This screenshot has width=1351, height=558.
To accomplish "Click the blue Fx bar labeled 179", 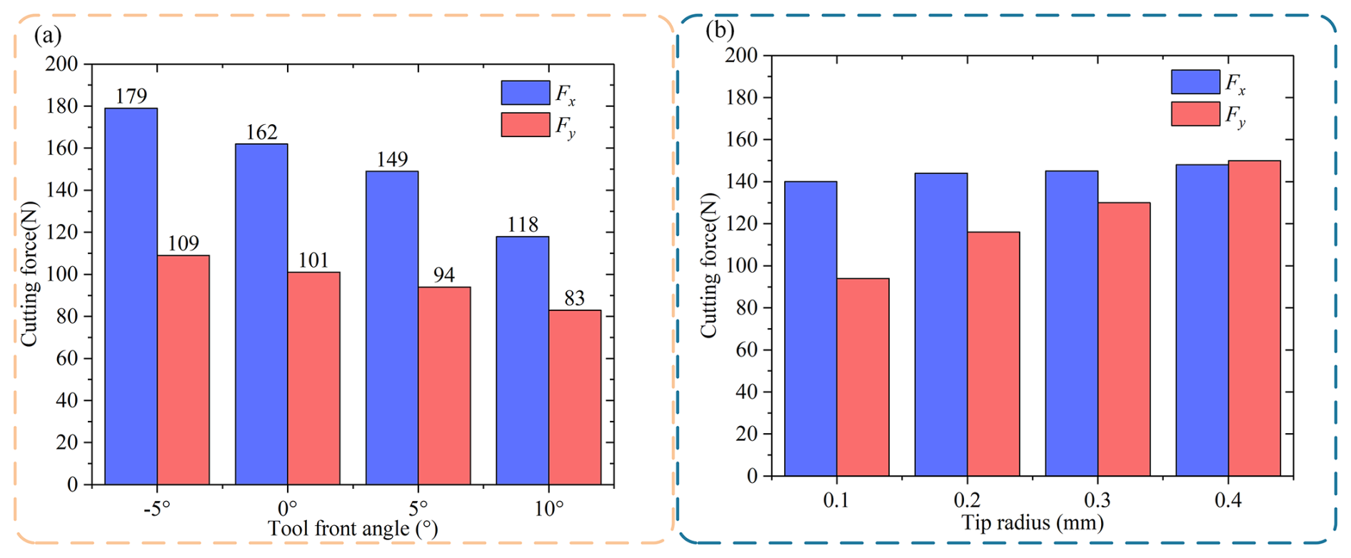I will (x=131, y=296).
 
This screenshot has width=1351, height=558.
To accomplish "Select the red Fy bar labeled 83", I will (x=575, y=397).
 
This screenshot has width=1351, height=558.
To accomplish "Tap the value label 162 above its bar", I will (x=261, y=132).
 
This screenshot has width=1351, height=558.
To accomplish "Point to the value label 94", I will (x=443, y=275).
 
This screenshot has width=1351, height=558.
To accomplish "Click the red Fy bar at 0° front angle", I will (x=313, y=378).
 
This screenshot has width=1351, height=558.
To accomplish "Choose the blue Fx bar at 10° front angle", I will (x=522, y=360).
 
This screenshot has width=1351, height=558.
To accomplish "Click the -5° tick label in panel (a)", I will (x=156, y=509).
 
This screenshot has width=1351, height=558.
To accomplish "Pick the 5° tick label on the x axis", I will (x=418, y=509).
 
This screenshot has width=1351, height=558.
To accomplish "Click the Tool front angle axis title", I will (x=353, y=529).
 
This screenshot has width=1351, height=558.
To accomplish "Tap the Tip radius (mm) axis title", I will (x=1033, y=523).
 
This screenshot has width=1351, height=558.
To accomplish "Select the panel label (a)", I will (x=48, y=36).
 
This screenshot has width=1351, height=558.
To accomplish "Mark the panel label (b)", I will (x=720, y=30).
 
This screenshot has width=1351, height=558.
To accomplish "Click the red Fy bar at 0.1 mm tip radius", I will (x=863, y=377).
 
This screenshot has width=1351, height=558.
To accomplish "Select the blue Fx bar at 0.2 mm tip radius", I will (x=940, y=325).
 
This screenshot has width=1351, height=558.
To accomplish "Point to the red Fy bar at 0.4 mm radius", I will (x=1254, y=318).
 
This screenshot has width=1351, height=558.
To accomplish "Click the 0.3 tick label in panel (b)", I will (x=1098, y=500).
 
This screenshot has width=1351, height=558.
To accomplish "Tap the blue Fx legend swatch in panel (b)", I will (x=1195, y=82).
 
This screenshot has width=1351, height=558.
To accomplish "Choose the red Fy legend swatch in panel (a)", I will (x=526, y=125).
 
